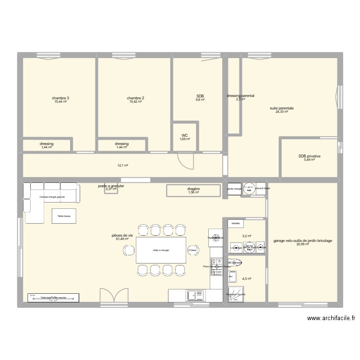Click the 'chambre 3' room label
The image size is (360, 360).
tap(60, 98)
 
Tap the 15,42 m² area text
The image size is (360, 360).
tap(136, 102)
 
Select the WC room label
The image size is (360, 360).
tap(185, 135)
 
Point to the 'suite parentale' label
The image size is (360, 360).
tap(281, 108)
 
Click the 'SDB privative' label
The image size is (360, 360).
tap(309, 156)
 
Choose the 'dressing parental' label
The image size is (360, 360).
tap(240, 96)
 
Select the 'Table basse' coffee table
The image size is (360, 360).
tap(64, 216)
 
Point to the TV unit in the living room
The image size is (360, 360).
tap(53, 298)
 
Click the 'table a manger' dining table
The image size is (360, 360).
tap(161, 250)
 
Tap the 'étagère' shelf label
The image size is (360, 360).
tap(194, 190)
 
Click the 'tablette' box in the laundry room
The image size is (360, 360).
tap(235, 224)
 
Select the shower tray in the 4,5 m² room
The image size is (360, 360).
tap(235, 293)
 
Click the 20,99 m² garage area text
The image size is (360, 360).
tap(302, 244)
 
